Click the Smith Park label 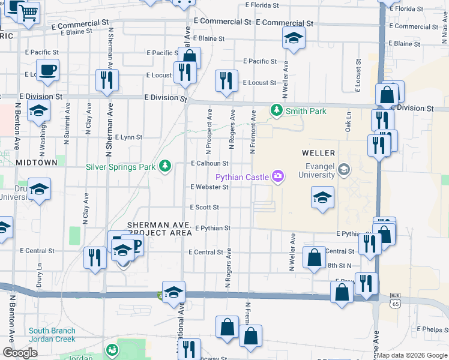(x=306, y=111)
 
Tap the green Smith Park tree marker (x=276, y=110)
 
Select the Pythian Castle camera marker (x=277, y=176)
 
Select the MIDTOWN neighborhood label (x=37, y=163)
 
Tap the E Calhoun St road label (x=209, y=163)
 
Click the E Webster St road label (x=209, y=187)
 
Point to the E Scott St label (x=205, y=207)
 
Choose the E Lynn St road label (x=128, y=137)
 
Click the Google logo (x=20, y=352)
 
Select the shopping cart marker (x=28, y=13)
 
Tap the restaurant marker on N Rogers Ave (x=226, y=81)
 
